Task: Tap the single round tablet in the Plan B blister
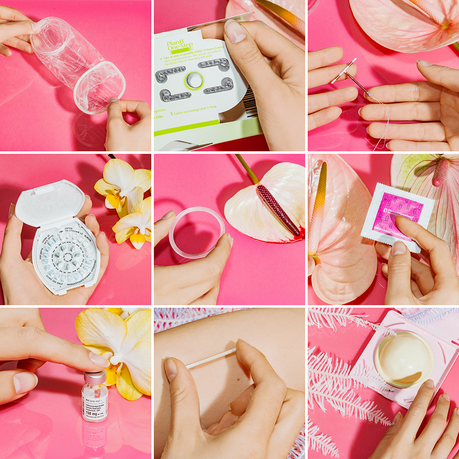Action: (194, 80)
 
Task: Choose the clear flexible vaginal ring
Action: (196, 232)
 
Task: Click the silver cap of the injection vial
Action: (95, 377)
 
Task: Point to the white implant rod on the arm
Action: (211, 358)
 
